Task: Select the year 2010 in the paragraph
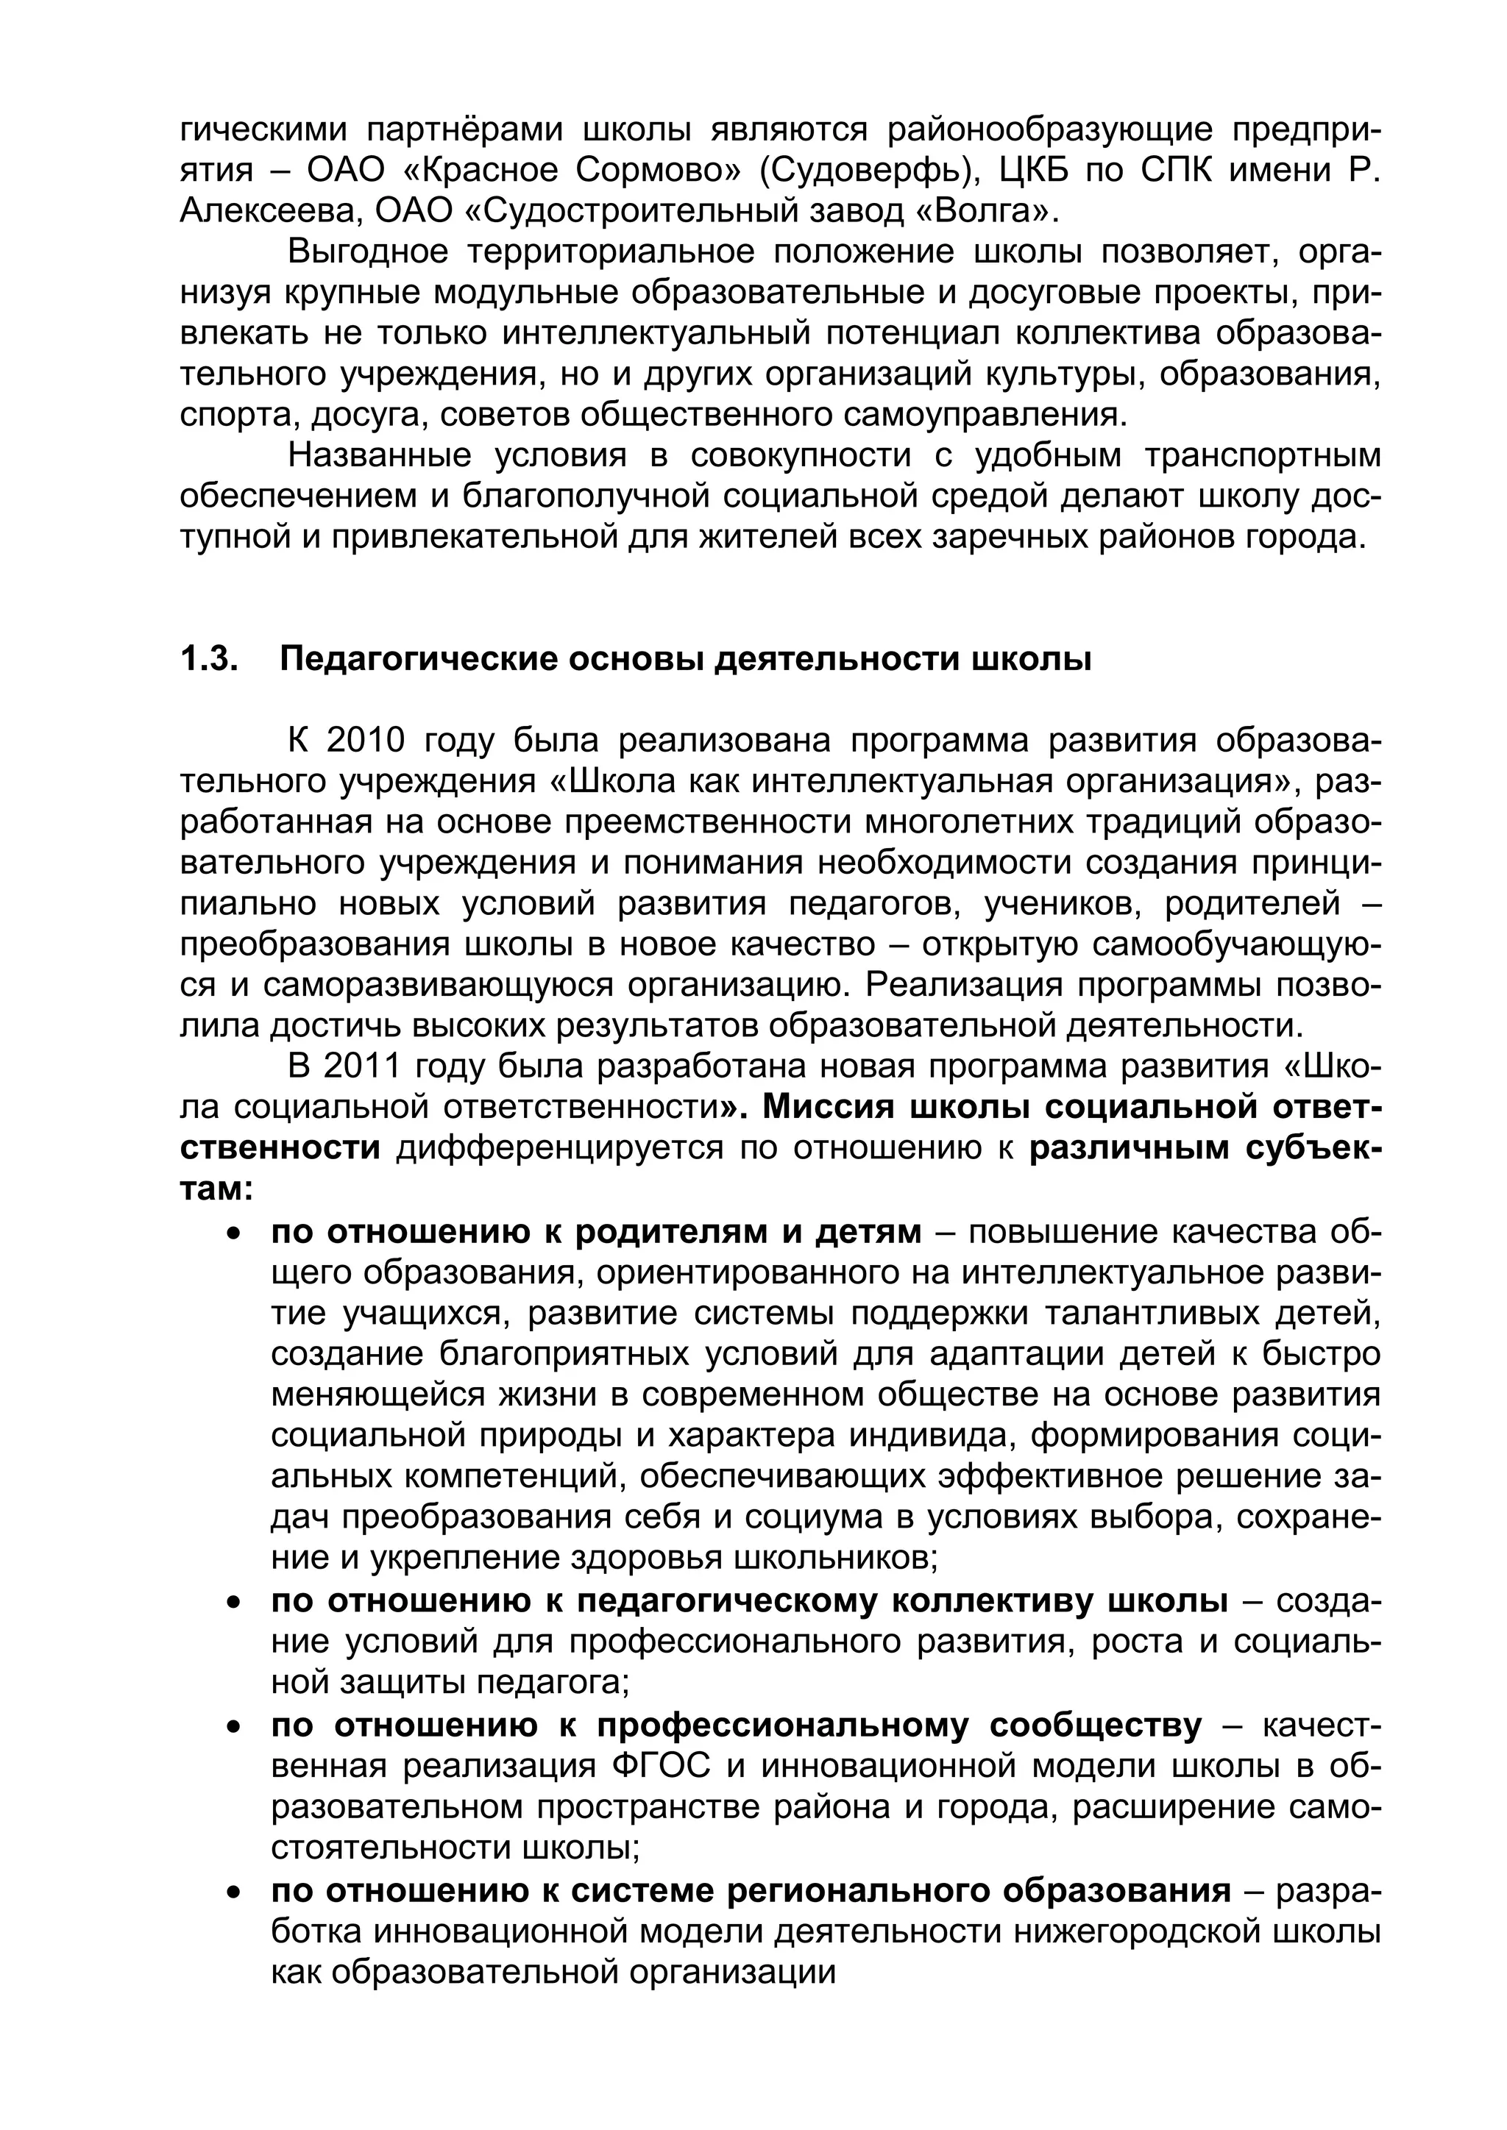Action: tap(367, 741)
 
